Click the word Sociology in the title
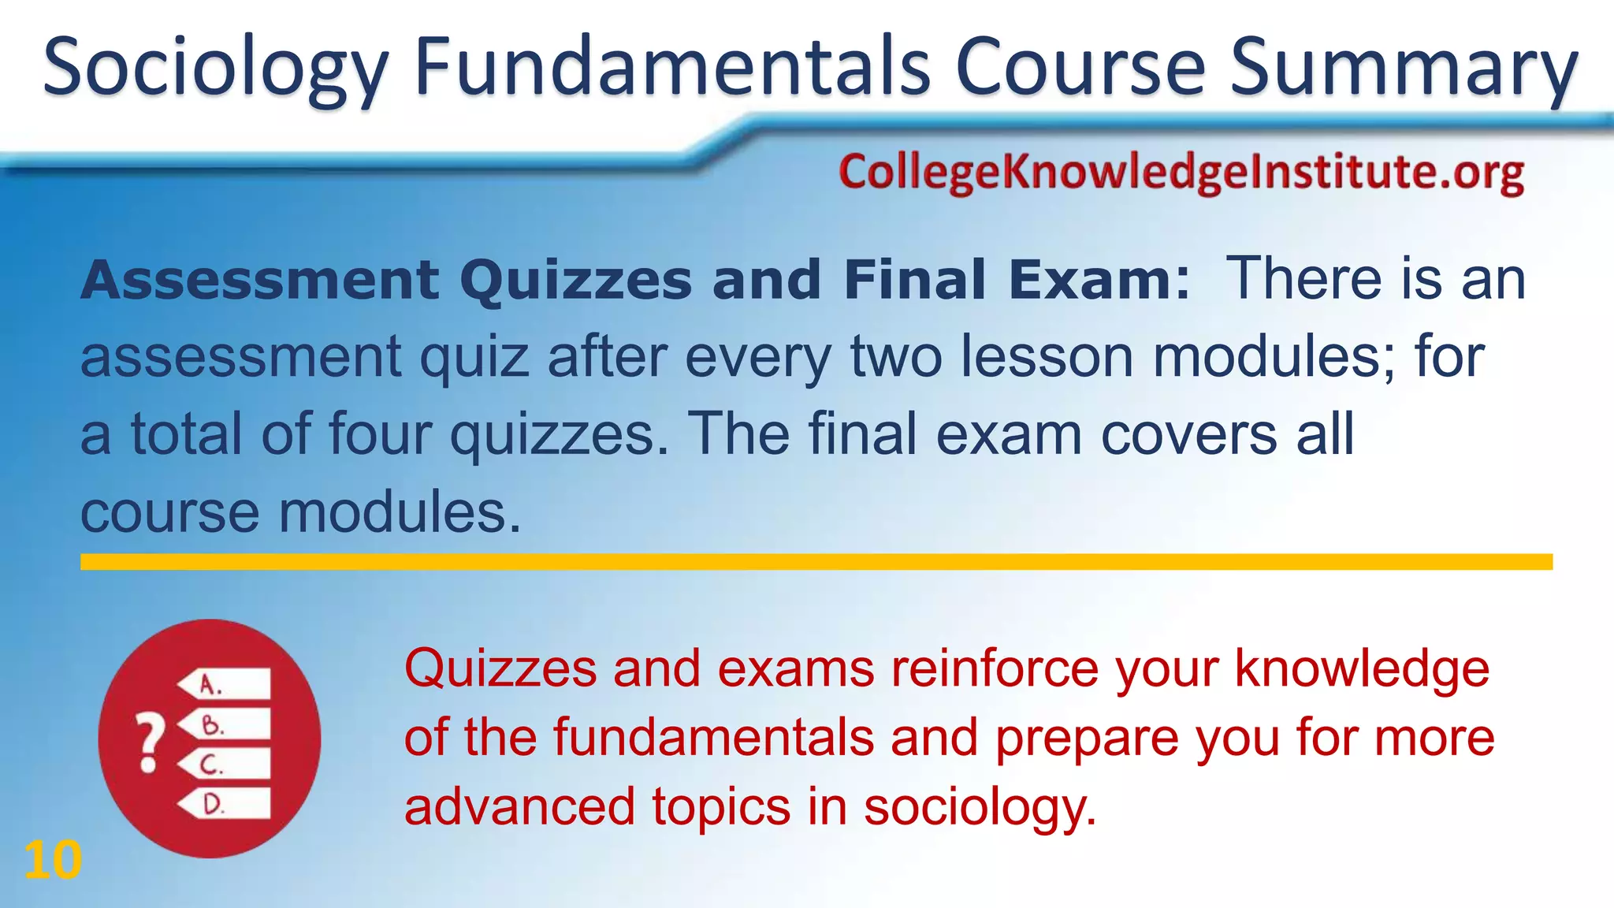point(215,69)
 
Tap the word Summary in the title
point(1404,69)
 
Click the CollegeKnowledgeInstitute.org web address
point(1181,173)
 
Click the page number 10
point(53,860)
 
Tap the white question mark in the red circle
point(150,742)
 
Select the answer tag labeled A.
point(225,684)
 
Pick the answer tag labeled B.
point(225,724)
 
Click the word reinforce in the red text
point(995,669)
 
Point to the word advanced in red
point(519,808)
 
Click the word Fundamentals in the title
point(673,69)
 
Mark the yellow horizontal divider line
point(816,562)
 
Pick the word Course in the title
point(1080,69)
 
